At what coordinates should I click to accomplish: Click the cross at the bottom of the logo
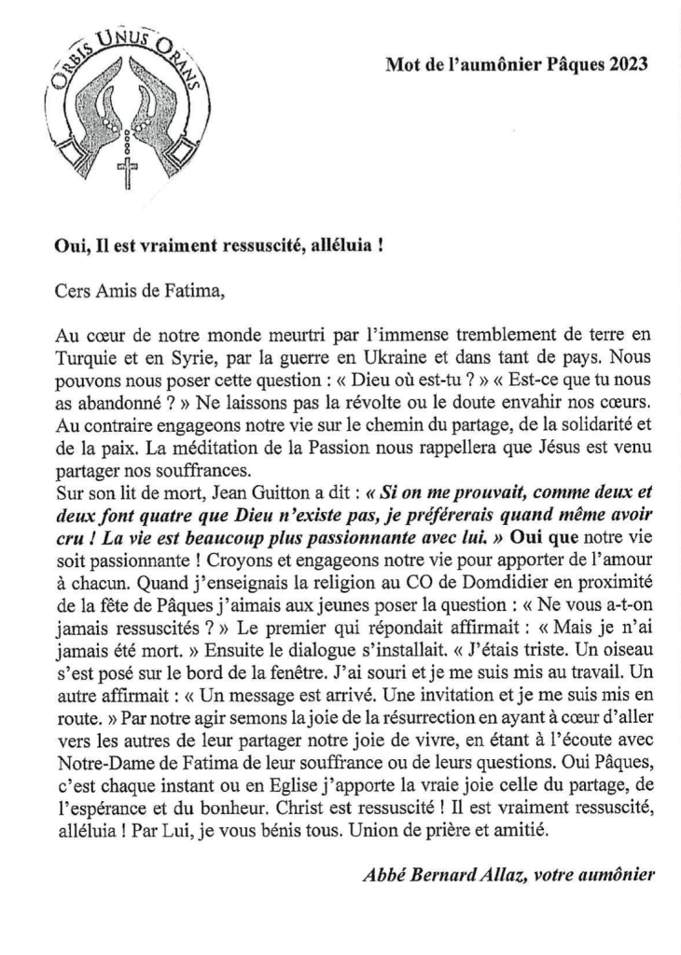coord(125,173)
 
